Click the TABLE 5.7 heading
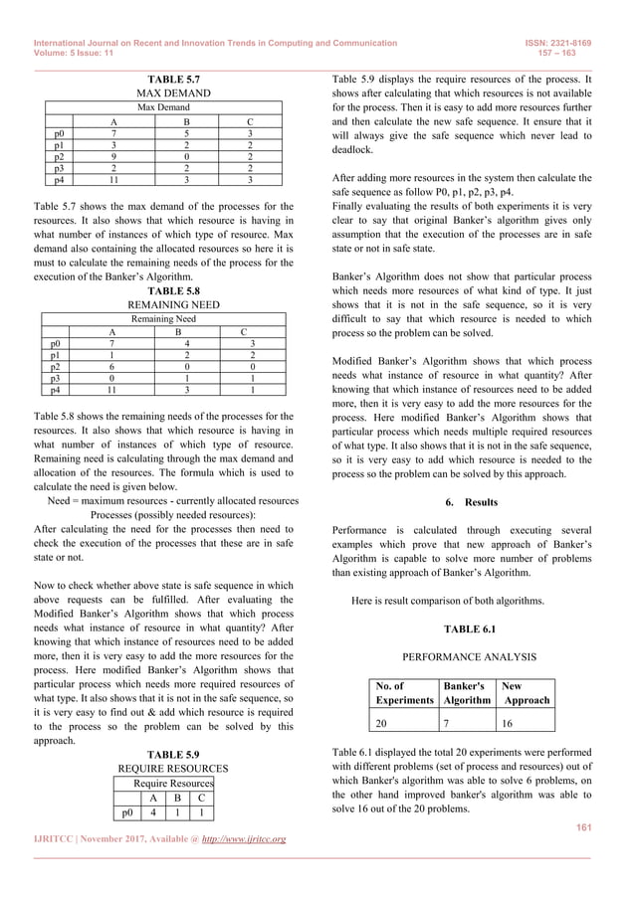174,77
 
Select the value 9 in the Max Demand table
114,156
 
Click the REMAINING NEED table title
174,304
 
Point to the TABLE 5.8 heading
174,290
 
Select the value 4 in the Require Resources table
153,809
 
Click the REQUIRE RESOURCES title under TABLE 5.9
174,769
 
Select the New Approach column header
526,692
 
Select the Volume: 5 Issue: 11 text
76,55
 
